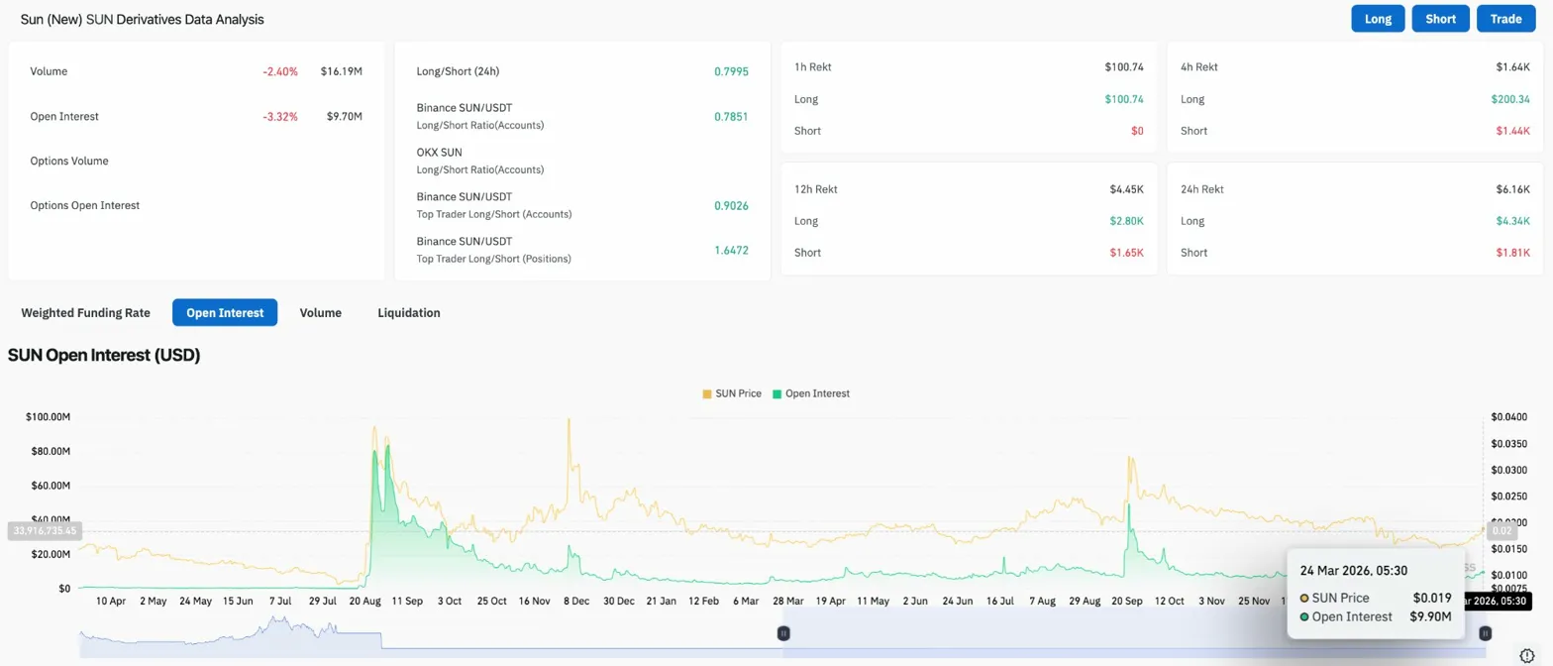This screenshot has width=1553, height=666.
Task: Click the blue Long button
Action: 1378,19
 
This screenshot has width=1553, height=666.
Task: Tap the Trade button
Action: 1505,19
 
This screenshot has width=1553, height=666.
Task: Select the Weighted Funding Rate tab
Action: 85,312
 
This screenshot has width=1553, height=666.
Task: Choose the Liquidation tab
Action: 409,312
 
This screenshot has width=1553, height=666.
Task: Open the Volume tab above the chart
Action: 321,312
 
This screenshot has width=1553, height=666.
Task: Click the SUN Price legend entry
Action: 732,393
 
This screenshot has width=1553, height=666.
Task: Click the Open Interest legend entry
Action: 811,393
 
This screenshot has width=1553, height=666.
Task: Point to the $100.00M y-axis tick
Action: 48,416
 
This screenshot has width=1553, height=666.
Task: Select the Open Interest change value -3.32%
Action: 280,116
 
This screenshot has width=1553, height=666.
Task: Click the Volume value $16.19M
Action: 342,71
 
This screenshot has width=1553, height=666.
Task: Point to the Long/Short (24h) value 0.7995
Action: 731,71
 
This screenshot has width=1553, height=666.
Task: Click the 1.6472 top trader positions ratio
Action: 731,250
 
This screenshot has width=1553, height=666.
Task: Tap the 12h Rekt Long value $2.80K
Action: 1125,220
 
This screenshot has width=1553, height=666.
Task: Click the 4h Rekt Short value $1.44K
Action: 1512,131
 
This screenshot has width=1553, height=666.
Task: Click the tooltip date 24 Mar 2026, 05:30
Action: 1354,570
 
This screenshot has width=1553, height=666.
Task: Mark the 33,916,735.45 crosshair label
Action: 45,531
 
